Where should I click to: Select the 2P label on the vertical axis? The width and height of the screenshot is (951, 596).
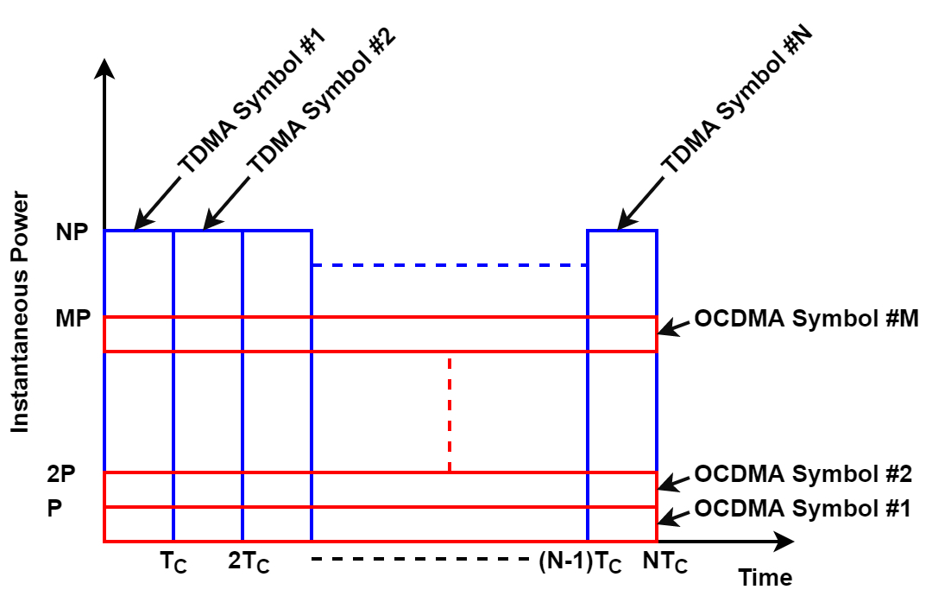(x=61, y=474)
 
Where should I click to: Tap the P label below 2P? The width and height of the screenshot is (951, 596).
(x=54, y=509)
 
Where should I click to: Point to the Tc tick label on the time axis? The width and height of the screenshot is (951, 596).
(x=173, y=563)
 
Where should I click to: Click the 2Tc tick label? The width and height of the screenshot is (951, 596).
(x=249, y=563)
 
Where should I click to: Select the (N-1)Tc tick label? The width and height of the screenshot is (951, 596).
(x=580, y=563)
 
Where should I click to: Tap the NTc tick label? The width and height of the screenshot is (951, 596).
(x=665, y=563)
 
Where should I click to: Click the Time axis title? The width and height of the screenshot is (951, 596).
(x=765, y=578)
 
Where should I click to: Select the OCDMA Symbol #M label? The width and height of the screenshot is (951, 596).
(x=806, y=319)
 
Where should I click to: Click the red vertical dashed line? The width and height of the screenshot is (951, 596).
(x=450, y=413)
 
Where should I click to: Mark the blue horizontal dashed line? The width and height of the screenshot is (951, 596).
(x=449, y=265)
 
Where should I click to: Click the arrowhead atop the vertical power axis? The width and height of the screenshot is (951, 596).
(x=104, y=67)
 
